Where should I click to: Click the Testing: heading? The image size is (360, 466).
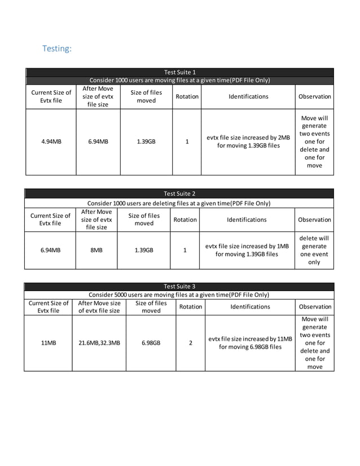pos(57,49)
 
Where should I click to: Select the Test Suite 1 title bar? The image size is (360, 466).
pos(179,72)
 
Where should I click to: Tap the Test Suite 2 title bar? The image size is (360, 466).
pos(179,194)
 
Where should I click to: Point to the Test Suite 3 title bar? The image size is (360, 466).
pos(179,287)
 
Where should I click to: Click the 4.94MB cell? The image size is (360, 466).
pos(51,142)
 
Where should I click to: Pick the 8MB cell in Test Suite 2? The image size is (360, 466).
pos(96,250)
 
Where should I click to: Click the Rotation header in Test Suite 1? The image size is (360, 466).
pos(187,96)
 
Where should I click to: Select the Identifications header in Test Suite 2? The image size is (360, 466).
pos(247,219)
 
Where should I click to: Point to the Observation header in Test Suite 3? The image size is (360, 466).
pos(315,306)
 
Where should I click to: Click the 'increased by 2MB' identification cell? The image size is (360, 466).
pos(248,142)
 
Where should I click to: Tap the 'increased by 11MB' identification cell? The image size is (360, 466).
pos(250,342)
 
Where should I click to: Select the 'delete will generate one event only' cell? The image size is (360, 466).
pos(314,250)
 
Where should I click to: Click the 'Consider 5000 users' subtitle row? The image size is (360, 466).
pos(179,294)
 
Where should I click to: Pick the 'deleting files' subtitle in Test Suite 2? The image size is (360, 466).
pos(179,203)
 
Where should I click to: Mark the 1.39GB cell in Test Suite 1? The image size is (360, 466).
pos(146,142)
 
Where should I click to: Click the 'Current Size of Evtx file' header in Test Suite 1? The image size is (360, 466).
pos(51,96)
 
